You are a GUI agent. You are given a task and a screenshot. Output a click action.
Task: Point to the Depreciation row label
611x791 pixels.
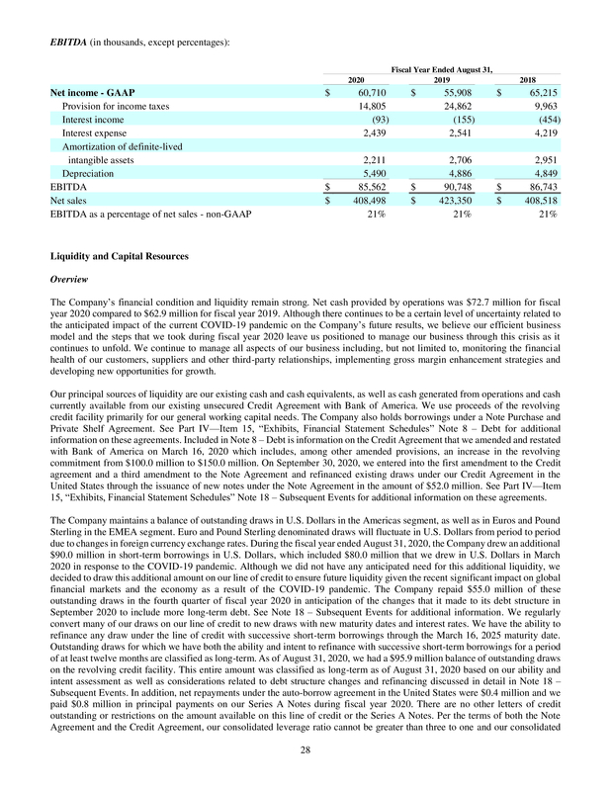tap(89, 171)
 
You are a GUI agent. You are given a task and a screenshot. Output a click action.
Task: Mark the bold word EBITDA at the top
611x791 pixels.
tap(67, 41)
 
